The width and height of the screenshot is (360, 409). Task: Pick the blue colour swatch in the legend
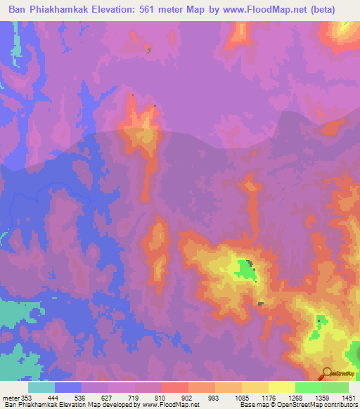68,387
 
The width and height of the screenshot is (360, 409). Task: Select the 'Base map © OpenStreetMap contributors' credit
298,405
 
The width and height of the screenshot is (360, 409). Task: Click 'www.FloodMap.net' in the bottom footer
169,405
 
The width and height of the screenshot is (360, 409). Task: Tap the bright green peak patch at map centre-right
244,268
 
